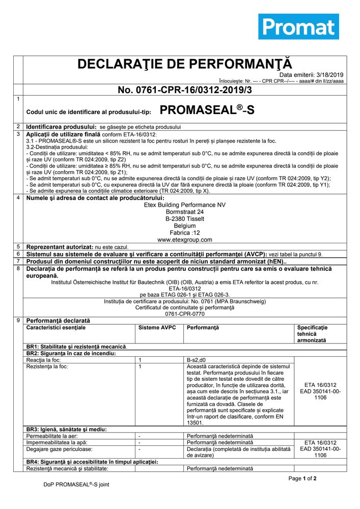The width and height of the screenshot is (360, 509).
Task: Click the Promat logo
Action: click(x=298, y=27)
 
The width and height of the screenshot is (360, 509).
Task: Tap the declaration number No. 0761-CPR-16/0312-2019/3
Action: click(x=184, y=90)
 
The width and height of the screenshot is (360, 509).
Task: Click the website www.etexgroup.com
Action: click(x=185, y=239)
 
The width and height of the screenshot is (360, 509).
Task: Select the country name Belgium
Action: click(x=185, y=225)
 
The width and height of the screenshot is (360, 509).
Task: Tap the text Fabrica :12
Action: click(x=185, y=232)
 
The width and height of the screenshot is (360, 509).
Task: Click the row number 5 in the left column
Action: click(x=18, y=246)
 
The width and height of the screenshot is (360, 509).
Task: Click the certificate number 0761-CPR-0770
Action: click(x=185, y=315)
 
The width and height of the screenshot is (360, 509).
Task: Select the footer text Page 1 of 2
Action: click(x=302, y=478)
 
